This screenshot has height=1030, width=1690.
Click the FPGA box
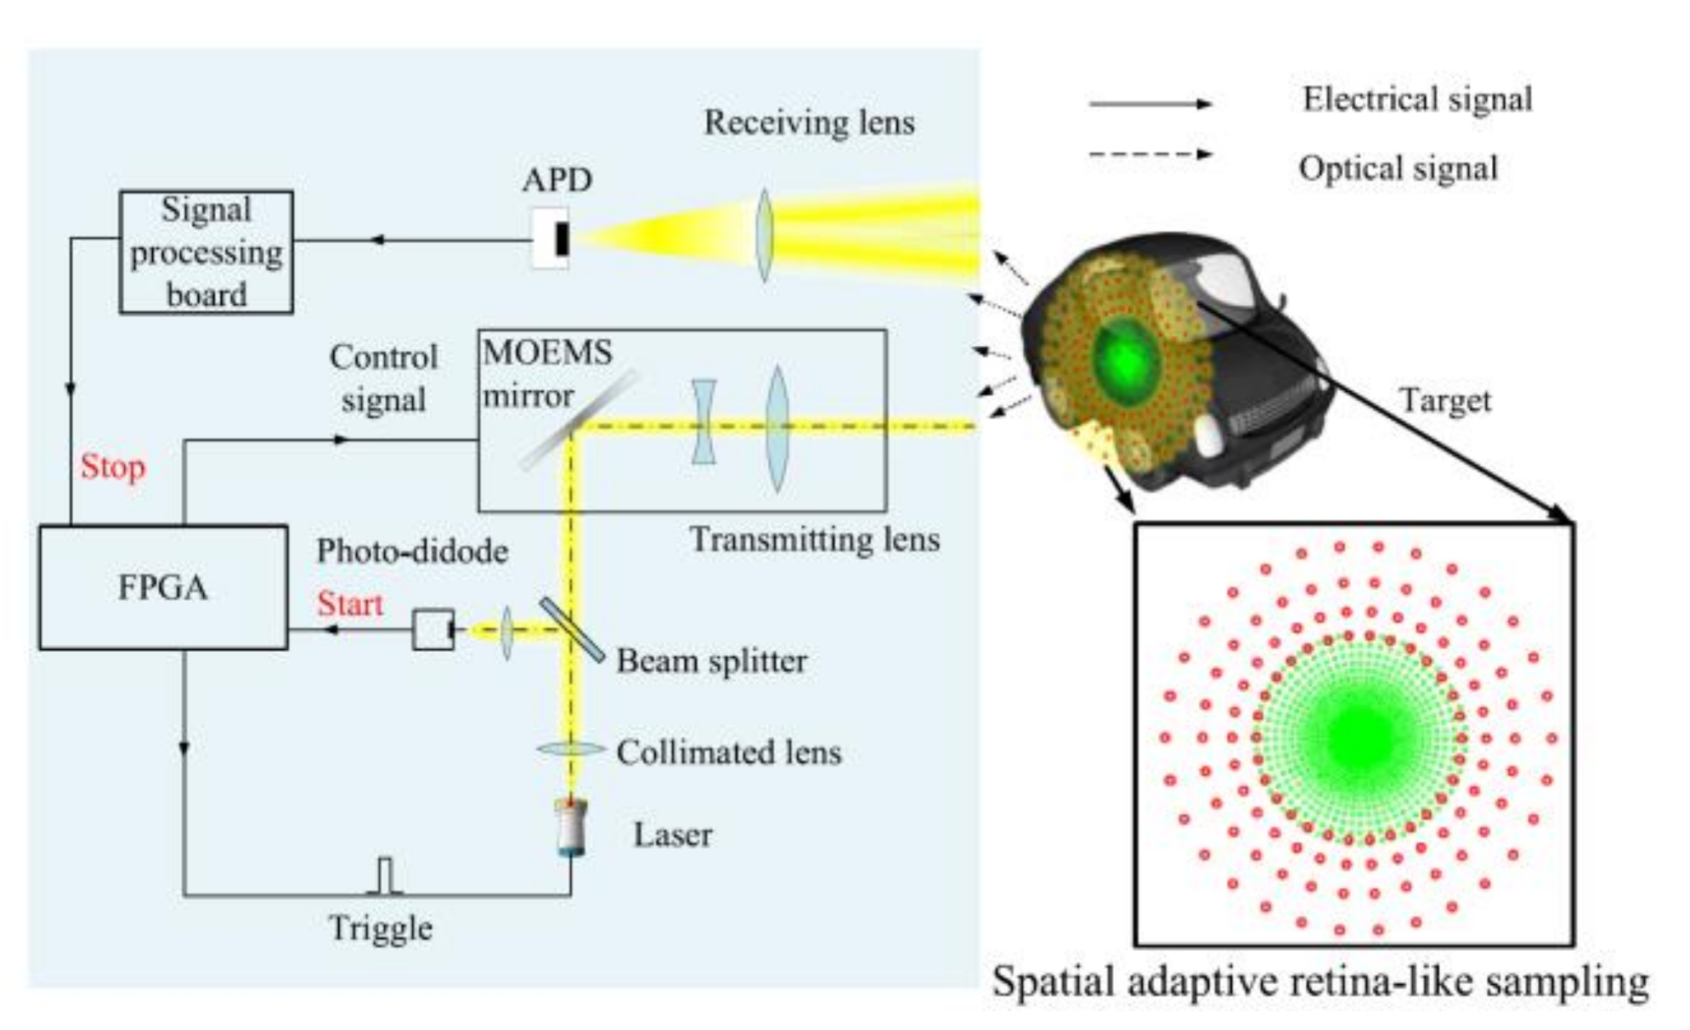pos(162,587)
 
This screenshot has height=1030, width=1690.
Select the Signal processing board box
pos(206,252)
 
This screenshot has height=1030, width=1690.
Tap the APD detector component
pos(551,239)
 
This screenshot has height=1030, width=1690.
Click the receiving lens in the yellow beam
pos(764,235)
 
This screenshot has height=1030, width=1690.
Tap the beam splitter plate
pos(572,630)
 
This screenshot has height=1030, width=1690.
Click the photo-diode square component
pos(433,630)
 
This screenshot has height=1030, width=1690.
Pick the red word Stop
pos(113,467)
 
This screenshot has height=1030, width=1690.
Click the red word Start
pos(350,604)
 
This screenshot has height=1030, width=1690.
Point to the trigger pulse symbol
pos(385,876)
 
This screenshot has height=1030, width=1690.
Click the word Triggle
pos(381,928)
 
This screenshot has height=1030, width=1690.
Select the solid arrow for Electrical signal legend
pos(1150,104)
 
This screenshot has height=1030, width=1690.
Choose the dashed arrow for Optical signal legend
pos(1150,155)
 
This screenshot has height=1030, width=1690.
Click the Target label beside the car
pos(1444,400)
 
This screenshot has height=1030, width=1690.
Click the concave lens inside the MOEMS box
pos(704,422)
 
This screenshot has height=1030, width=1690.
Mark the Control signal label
pos(384,378)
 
